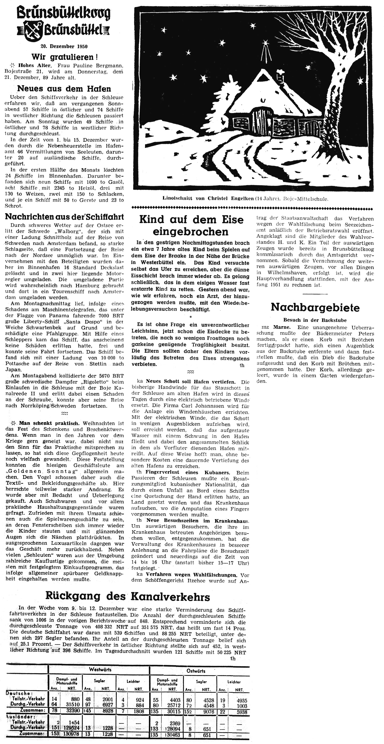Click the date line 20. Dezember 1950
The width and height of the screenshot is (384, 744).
[64, 46]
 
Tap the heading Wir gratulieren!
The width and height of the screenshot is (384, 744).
[64, 57]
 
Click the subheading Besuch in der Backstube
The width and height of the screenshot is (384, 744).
[315, 320]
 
